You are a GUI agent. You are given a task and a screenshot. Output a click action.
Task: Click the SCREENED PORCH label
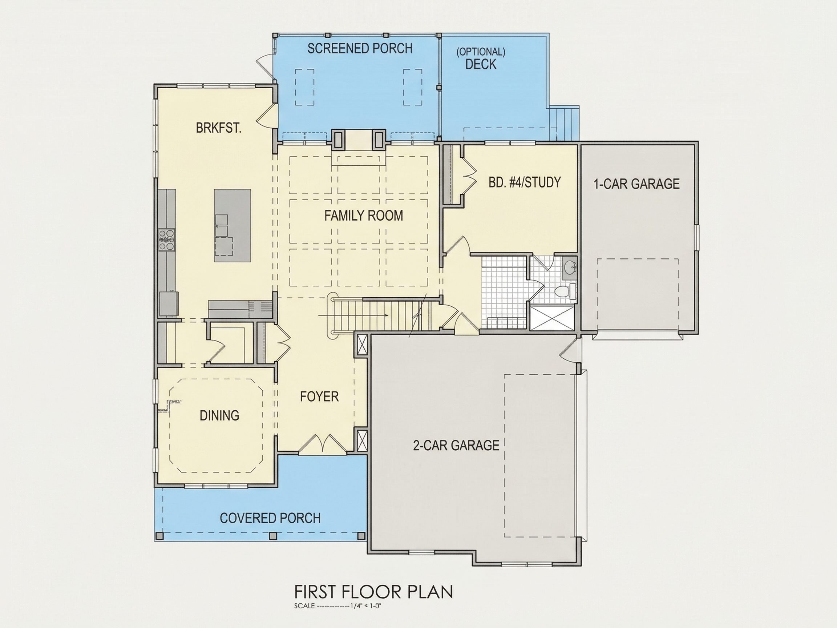click(x=360, y=48)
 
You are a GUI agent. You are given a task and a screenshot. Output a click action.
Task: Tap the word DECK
click(x=481, y=64)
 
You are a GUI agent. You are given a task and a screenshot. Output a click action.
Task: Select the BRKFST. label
click(x=219, y=128)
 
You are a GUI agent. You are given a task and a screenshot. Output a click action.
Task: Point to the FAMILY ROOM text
click(x=364, y=216)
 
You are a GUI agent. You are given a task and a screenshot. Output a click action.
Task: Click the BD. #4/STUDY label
click(x=525, y=182)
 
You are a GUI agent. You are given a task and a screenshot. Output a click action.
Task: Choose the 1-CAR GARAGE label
click(x=636, y=184)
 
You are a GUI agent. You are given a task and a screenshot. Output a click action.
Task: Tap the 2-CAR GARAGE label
click(x=456, y=445)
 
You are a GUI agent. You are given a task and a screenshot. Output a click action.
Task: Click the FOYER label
click(x=319, y=396)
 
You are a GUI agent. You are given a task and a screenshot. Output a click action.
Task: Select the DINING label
click(x=219, y=415)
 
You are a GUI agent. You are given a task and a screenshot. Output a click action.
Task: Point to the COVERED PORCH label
click(x=270, y=518)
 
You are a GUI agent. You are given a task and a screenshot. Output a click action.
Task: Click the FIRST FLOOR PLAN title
click(x=373, y=592)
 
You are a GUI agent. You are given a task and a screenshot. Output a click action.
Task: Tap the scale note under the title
click(x=337, y=606)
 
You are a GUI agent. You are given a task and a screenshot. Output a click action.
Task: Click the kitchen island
click(x=232, y=226)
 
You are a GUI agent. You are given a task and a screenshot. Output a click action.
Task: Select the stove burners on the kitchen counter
click(x=167, y=239)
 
